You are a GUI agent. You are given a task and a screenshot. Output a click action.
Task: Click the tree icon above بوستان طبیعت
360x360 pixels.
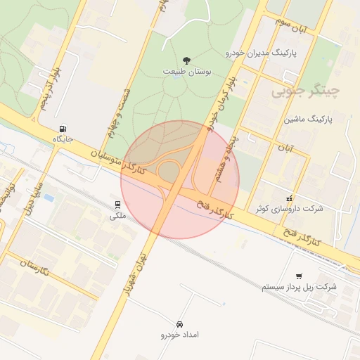(x=186, y=60)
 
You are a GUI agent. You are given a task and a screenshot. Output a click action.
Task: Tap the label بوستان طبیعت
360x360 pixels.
(x=186, y=72)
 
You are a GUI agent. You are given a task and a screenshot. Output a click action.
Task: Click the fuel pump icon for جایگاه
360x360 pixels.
(x=64, y=129)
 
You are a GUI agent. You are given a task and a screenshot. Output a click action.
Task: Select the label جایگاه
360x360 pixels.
(x=64, y=140)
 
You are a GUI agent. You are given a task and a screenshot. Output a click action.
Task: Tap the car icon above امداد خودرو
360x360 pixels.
(x=180, y=324)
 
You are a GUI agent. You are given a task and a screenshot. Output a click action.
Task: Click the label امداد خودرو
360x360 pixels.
(x=180, y=335)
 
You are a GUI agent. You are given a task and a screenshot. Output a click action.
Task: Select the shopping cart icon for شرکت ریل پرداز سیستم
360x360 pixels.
(x=300, y=276)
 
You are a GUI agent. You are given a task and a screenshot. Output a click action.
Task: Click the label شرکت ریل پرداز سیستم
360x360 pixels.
(x=299, y=288)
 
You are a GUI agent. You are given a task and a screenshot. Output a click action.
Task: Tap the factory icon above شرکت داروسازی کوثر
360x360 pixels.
(x=289, y=198)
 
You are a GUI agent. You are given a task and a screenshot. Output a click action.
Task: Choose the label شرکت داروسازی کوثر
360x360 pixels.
(x=289, y=209)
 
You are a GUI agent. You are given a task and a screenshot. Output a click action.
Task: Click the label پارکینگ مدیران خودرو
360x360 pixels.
(x=262, y=53)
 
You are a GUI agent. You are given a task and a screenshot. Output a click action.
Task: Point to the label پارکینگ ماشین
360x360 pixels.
(x=307, y=120)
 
